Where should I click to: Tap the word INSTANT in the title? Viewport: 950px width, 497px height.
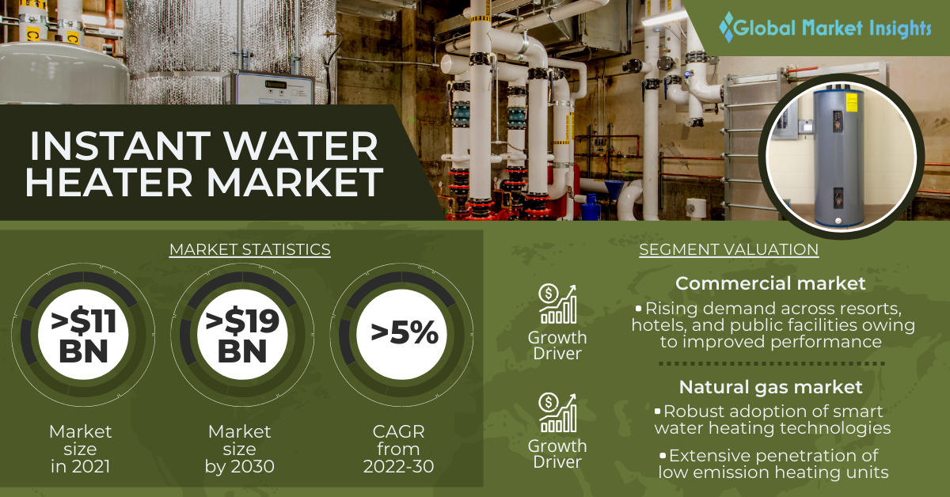pos(120,146)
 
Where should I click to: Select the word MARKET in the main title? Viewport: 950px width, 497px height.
pos(295,182)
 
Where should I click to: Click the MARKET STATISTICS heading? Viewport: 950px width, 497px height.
pos(250,249)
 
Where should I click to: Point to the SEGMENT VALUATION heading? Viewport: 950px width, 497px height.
pos(728,249)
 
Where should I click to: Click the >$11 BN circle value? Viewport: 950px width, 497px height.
pos(83,336)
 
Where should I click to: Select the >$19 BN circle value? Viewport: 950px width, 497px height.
pos(242,336)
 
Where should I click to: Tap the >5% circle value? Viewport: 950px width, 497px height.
pos(405,333)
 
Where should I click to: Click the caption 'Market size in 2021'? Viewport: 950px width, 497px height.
pos(81,449)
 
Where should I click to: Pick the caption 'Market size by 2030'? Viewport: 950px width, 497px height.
pos(240,449)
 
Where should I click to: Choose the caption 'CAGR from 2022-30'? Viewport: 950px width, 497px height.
pos(399,449)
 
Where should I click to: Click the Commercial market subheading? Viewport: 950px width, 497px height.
pos(770,283)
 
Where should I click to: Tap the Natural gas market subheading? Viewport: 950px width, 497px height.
pos(770,387)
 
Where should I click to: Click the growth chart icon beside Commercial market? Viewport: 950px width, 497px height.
pos(557,304)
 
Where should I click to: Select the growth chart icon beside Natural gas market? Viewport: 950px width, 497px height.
pos(557,412)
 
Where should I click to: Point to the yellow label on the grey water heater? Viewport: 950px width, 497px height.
pos(851,104)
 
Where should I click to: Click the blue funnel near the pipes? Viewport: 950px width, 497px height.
pos(614,190)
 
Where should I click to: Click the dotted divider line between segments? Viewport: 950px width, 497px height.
pos(771,364)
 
